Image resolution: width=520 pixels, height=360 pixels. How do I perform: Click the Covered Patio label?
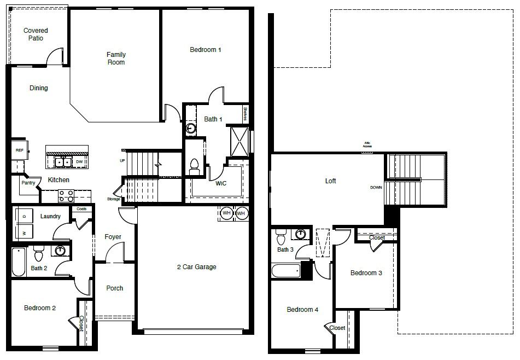[36, 34]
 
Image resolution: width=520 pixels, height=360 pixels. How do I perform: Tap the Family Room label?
[116, 58]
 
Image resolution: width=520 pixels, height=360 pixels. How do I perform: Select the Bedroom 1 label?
[205, 50]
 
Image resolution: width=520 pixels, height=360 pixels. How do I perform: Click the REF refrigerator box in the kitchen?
[19, 150]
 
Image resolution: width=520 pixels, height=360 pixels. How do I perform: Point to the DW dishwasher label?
[80, 162]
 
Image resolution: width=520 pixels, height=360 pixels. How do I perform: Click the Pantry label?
[28, 183]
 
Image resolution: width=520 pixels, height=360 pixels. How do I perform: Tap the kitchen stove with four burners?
[66, 194]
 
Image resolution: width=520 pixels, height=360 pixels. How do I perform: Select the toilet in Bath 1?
[194, 165]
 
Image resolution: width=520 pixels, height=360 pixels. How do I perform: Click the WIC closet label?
[220, 183]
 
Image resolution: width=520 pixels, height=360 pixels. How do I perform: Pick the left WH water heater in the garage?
[226, 212]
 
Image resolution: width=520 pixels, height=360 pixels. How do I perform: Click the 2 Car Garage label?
[196, 267]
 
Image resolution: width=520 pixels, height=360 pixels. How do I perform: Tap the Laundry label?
[50, 217]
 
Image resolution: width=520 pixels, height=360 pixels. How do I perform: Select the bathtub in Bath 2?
[19, 263]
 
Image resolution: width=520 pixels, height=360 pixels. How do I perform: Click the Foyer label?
[113, 237]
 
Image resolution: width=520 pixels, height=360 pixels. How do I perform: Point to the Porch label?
[114, 288]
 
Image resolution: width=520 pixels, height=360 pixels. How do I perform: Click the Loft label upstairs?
[330, 181]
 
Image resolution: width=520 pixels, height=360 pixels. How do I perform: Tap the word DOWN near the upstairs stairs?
[376, 187]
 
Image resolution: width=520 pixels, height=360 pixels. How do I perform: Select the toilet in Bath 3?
[282, 237]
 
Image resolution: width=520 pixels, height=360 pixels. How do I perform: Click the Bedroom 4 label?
[302, 310]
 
